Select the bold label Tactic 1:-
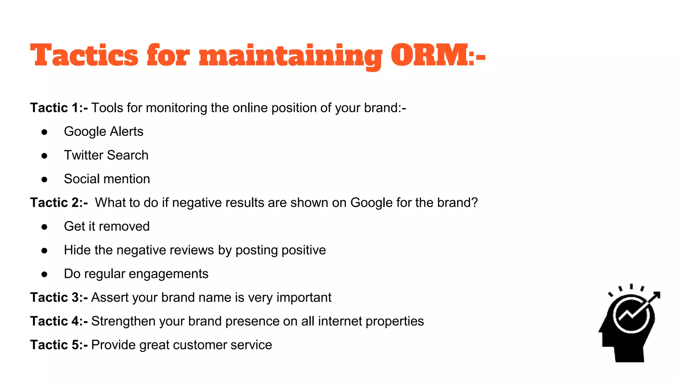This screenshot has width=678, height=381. tap(59, 108)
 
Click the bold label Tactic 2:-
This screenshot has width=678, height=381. tap(59, 203)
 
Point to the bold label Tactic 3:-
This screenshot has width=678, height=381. tap(59, 298)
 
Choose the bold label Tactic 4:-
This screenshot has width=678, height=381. tap(59, 321)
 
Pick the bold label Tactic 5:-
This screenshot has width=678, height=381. tap(59, 345)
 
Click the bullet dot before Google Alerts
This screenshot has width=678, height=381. tap(44, 132)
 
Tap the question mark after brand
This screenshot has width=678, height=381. tap(475, 203)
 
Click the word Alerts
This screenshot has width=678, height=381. tap(126, 132)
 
